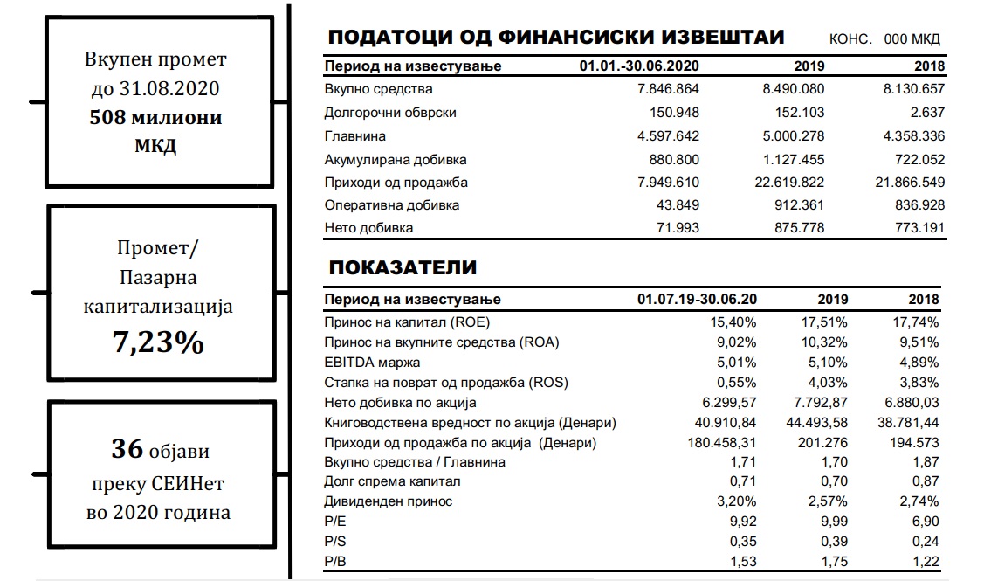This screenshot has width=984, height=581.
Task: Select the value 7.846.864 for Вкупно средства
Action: coord(669,89)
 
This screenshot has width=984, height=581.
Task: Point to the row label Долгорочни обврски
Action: coord(390,113)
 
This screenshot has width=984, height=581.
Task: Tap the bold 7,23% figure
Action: coord(158,342)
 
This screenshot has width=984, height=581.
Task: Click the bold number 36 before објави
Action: coord(127,450)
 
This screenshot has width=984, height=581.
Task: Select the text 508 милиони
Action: coord(155,117)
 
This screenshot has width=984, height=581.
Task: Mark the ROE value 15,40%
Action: coord(734,322)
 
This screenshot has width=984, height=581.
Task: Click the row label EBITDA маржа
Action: coord(372,362)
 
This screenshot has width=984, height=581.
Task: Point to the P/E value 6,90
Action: coord(924,522)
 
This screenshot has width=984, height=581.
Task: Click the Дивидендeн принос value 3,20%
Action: coord(735,501)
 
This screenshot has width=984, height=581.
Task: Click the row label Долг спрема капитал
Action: coord(392,481)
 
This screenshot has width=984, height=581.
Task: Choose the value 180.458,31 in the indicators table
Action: coord(720,442)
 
